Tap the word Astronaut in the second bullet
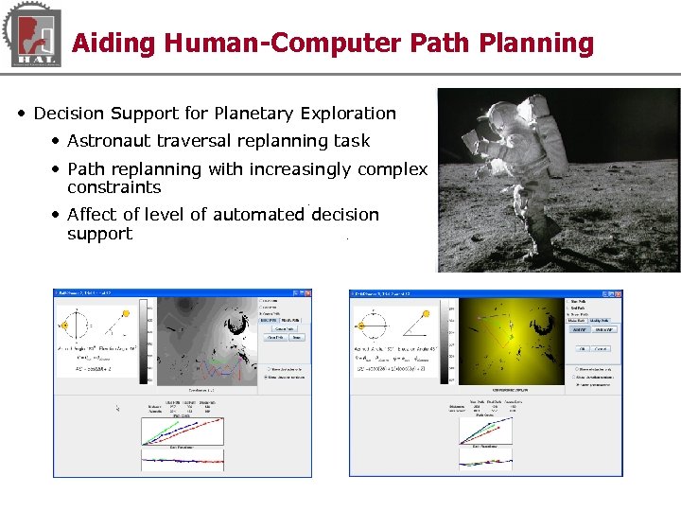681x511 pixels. tap(112, 141)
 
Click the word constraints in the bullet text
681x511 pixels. tap(113, 187)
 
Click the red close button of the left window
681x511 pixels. tap(306, 293)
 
